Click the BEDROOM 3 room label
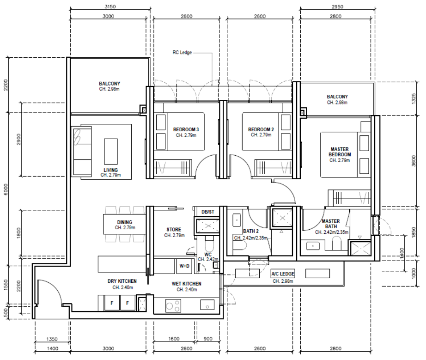tap(186, 129)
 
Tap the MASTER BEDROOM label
tap(340, 152)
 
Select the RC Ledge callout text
tap(182, 52)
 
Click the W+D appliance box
tap(184, 266)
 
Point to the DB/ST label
tap(208, 212)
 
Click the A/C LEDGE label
tap(283, 274)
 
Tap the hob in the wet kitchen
tap(173, 305)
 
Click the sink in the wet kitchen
tap(207, 305)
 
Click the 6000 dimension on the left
tap(6, 189)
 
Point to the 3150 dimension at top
tap(110, 6)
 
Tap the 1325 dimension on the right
tap(414, 98)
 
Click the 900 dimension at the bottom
tap(208, 339)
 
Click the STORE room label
tap(174, 230)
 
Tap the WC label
tap(208, 255)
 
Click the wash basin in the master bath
tap(313, 246)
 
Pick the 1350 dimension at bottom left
tap(52, 339)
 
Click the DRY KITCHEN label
tap(122, 281)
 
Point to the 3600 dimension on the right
tap(414, 160)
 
